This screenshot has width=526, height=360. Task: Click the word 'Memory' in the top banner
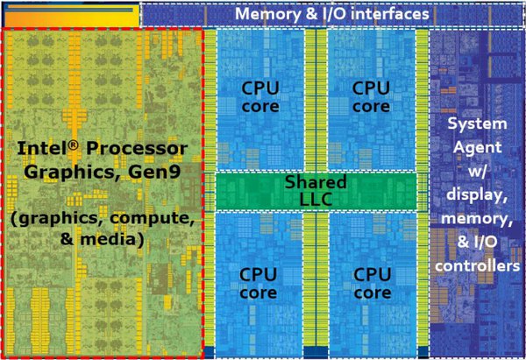point(267,15)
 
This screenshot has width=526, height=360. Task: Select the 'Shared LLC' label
point(316,190)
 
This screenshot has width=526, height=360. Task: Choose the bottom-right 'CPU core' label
point(371,283)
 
